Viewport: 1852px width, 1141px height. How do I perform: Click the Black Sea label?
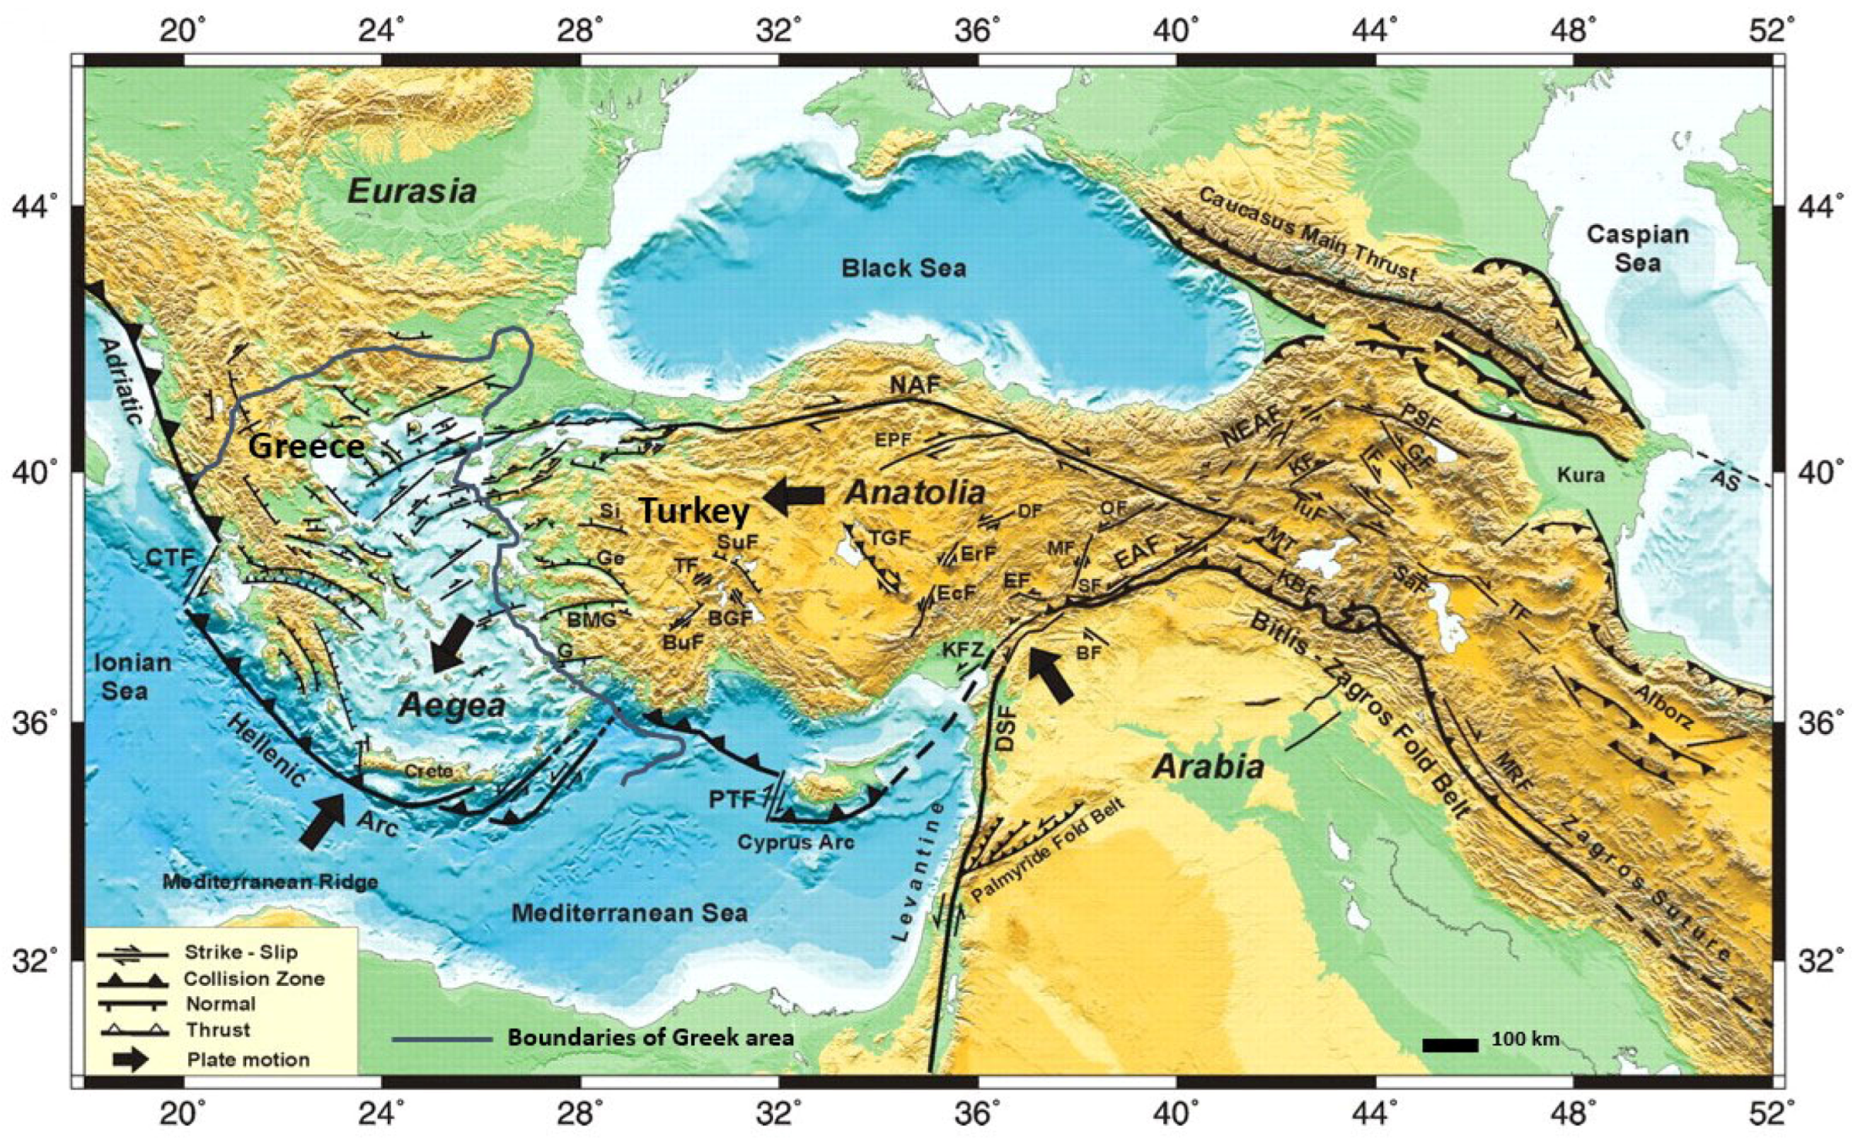tap(903, 269)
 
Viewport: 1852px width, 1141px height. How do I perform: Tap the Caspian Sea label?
tap(1637, 249)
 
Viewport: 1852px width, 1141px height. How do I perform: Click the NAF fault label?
tap(914, 385)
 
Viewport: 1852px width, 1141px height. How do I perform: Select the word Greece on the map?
tap(306, 446)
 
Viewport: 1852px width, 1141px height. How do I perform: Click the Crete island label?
tap(428, 770)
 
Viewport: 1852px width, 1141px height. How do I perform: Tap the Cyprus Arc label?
tap(795, 842)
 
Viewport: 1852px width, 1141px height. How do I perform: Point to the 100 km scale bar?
tap(1450, 1045)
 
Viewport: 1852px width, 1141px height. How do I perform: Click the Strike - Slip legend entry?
tap(240, 953)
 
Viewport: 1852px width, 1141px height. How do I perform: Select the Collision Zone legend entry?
tap(253, 979)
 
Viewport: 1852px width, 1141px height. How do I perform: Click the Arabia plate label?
tap(1208, 767)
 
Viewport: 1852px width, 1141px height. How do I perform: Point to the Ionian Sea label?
tap(132, 677)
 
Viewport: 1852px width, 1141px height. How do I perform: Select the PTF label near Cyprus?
tap(730, 799)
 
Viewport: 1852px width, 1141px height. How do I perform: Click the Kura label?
tap(1580, 475)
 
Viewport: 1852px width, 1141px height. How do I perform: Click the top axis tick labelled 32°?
tap(777, 32)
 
